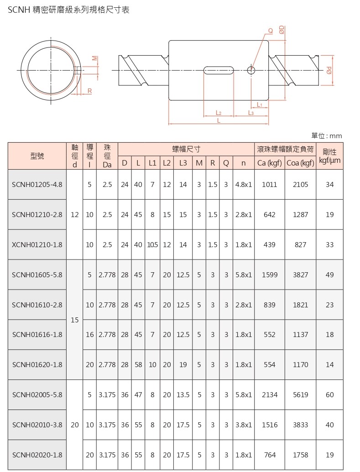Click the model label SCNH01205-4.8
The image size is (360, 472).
37,185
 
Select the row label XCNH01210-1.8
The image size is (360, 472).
37,245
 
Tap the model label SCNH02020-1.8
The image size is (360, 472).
37,455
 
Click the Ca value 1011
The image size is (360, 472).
269,185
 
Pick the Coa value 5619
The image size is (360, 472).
300,394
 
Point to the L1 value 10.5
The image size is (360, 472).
152,245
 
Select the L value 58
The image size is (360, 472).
138,364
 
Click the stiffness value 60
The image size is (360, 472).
329,394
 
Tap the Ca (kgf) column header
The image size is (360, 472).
269,163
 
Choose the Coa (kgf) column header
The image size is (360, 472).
300,163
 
